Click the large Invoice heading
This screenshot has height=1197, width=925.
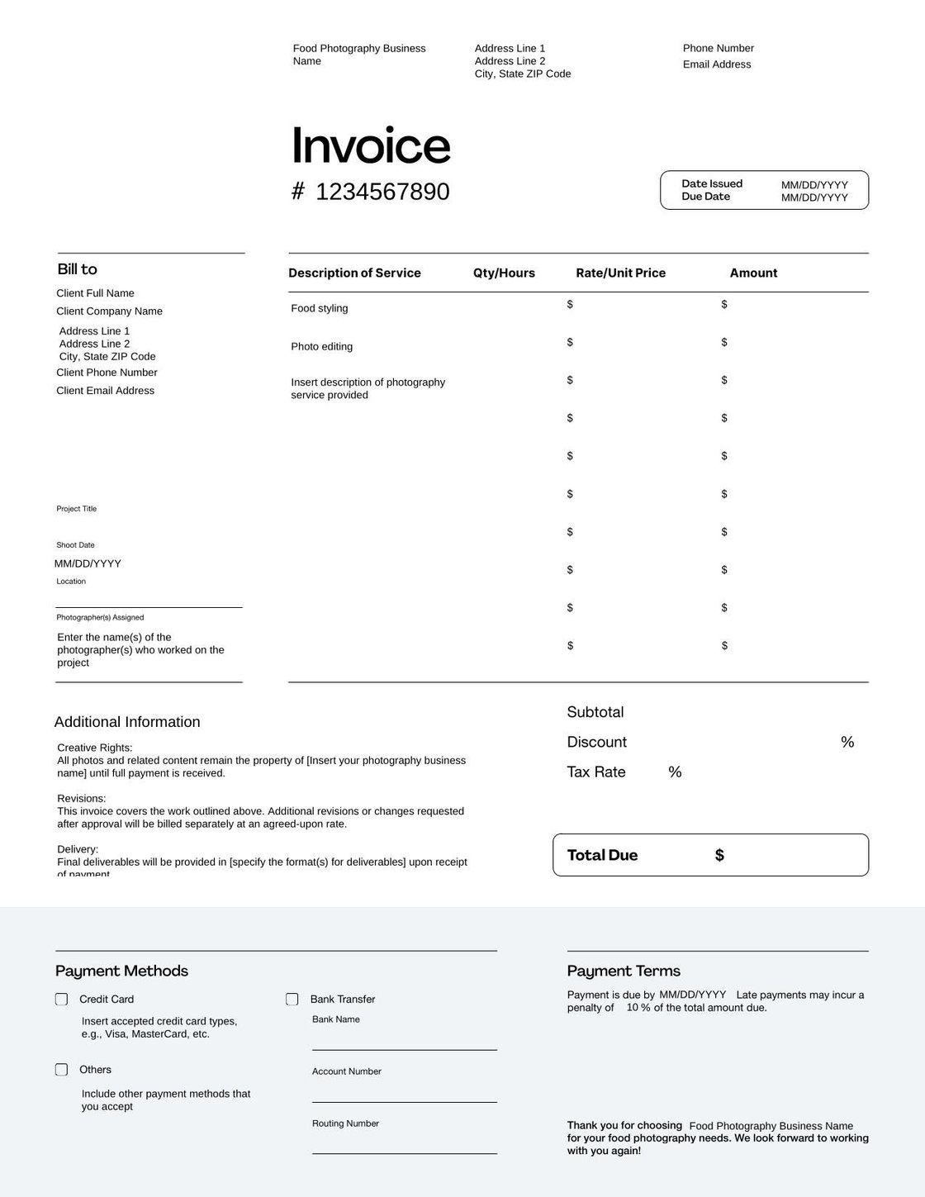coord(371,145)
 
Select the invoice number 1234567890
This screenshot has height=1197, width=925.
coord(382,192)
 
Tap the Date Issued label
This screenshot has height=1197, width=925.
coord(712,183)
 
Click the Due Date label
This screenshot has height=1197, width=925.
coord(705,197)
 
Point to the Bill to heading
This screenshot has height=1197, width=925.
coord(77,269)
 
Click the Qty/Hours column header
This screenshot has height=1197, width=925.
coord(504,273)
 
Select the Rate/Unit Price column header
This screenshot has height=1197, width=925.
coord(620,273)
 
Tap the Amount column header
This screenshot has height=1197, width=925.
coord(753,273)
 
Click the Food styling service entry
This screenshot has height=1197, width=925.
coord(320,309)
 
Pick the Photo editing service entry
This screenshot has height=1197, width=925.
coord(321,347)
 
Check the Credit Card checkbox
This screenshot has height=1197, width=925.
coord(62,1000)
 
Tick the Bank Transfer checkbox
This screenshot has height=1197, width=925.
coord(292,1000)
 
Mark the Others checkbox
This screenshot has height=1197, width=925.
coord(62,1070)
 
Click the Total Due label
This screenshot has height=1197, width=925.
coord(602,855)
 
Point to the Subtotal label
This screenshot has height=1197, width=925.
coord(595,712)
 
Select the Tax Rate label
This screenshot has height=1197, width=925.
coord(596,772)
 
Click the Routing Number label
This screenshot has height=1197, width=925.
coord(345,1123)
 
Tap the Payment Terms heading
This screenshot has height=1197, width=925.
coord(624,971)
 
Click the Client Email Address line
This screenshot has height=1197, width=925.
coord(105,391)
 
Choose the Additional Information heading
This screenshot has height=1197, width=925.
coord(127,722)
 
